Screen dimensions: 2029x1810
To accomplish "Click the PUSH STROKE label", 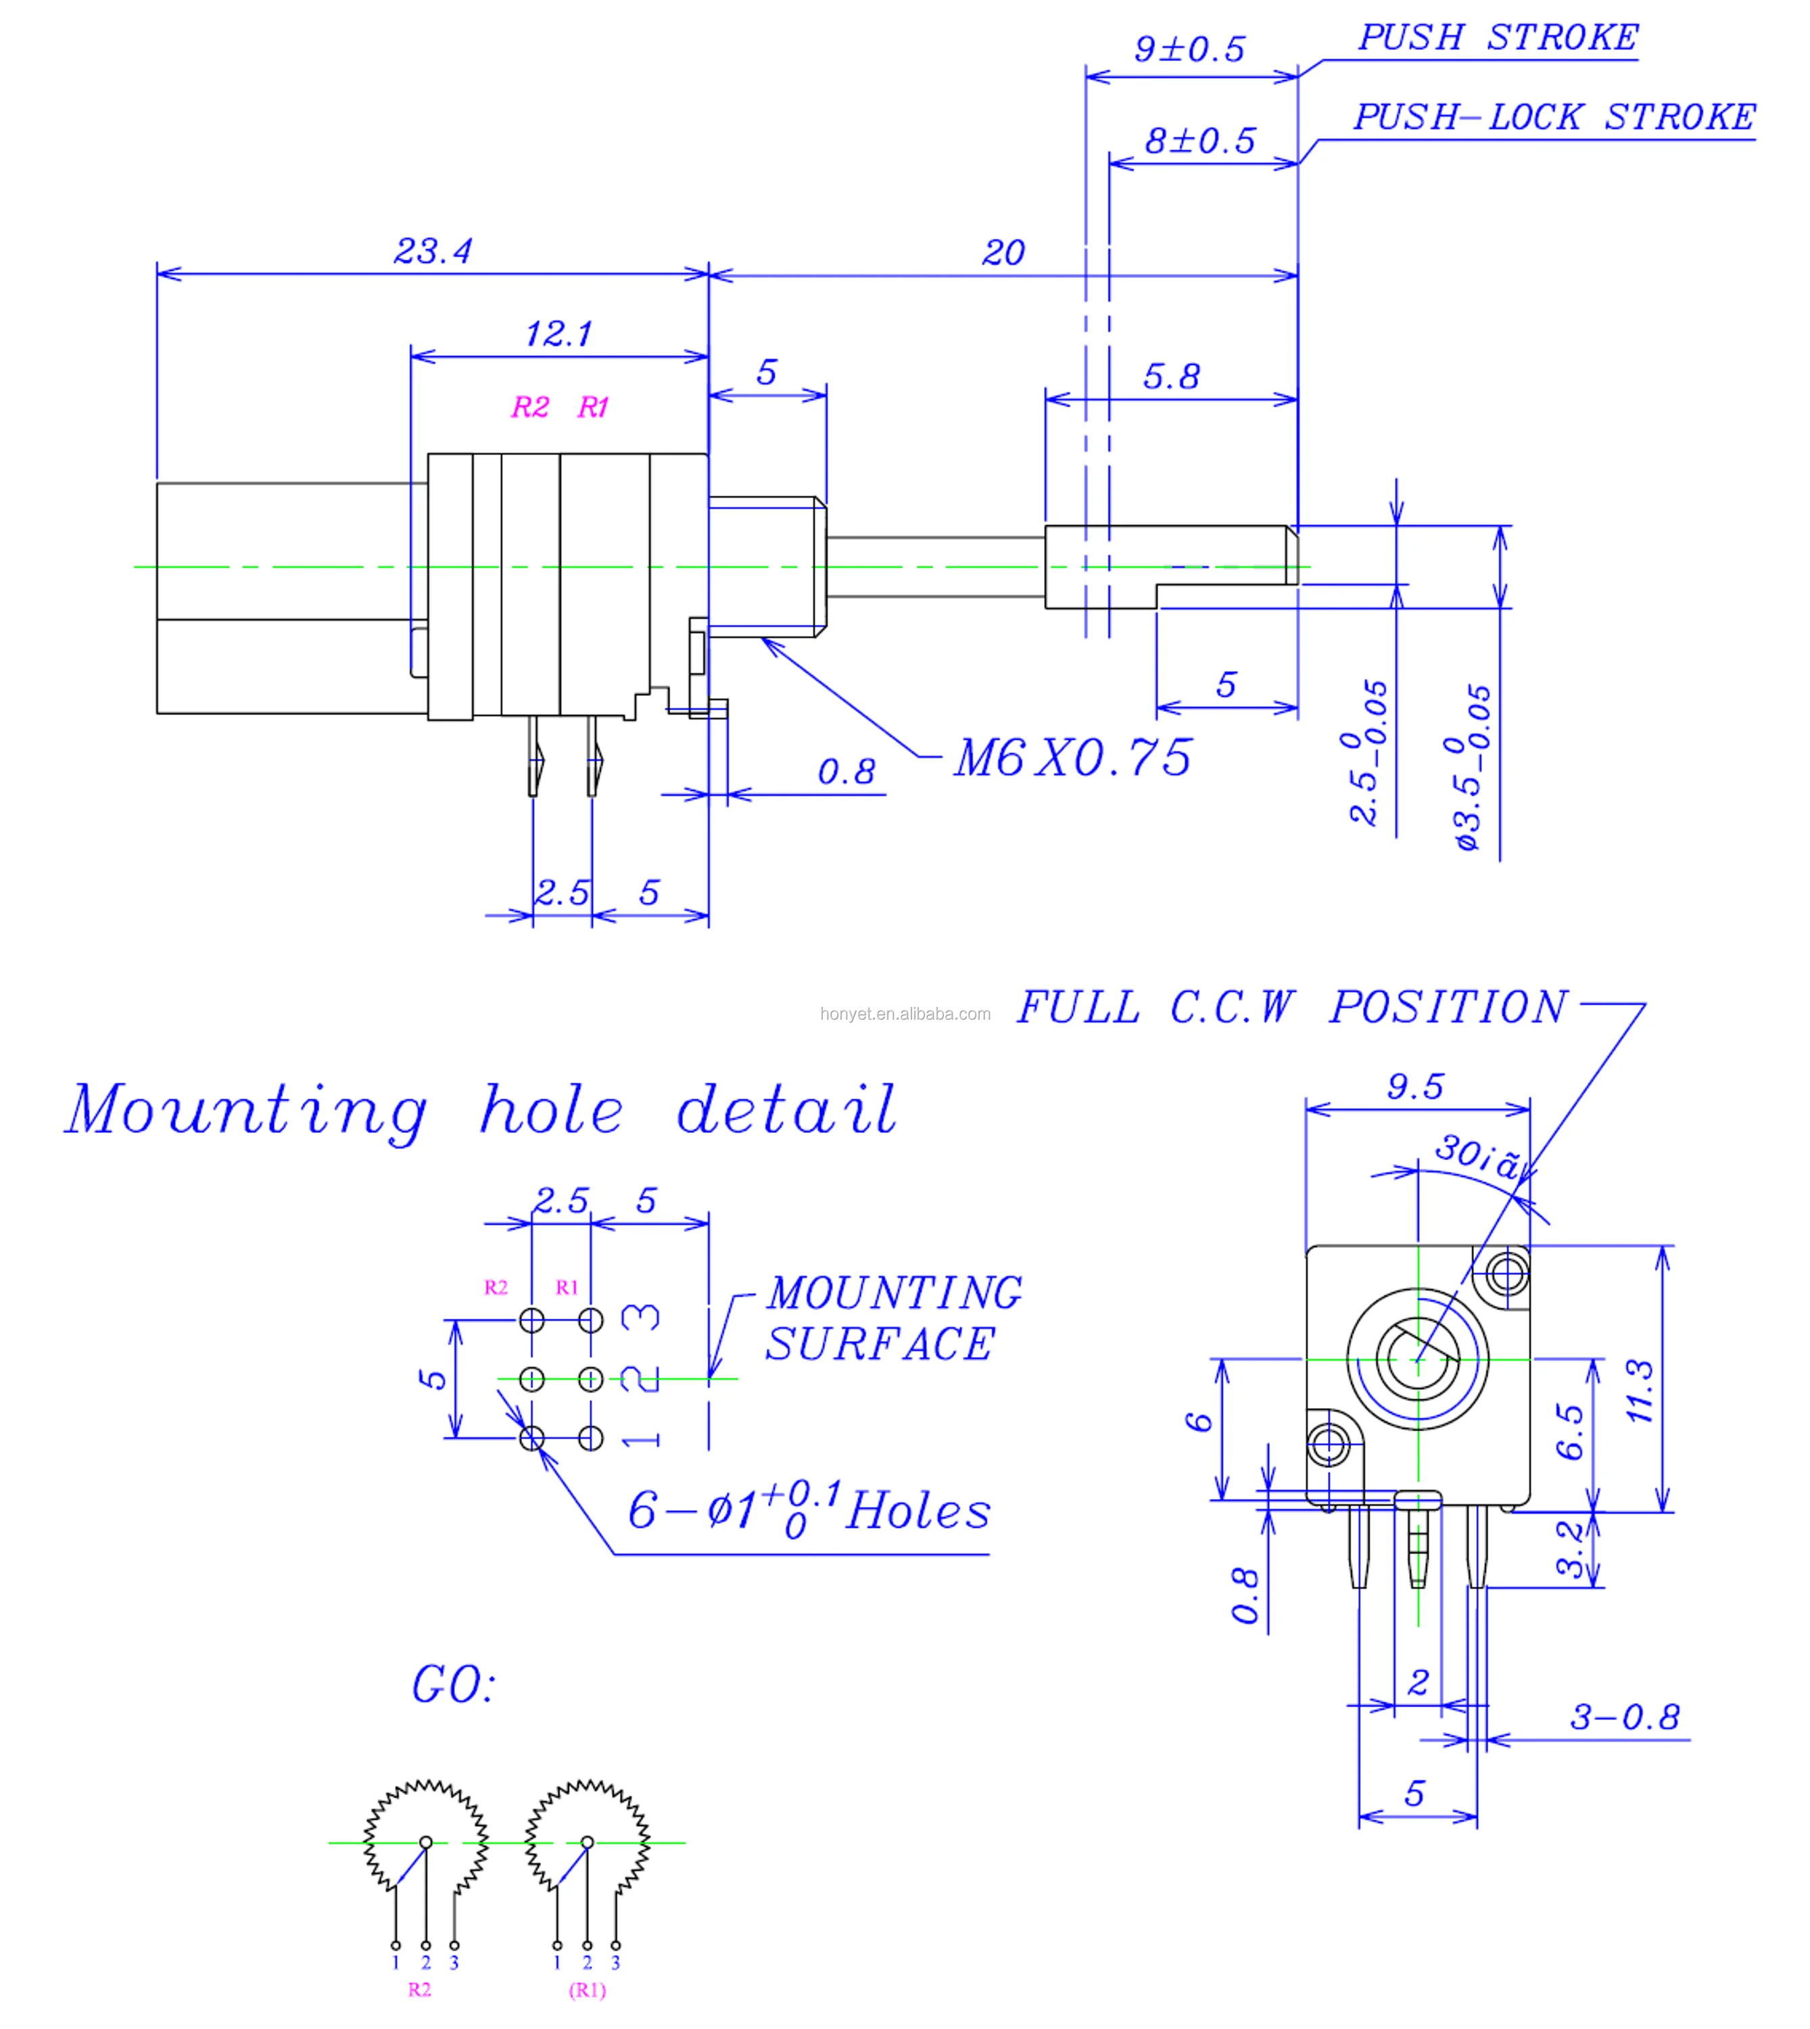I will (x=1498, y=38).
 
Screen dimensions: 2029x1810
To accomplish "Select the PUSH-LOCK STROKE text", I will (x=1554, y=118).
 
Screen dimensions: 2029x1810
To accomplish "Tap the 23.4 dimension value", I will (x=433, y=251).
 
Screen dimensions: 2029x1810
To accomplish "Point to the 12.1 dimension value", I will (x=559, y=333).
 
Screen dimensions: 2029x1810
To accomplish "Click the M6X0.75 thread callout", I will (x=1072, y=759).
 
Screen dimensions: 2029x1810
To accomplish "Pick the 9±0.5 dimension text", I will (x=1189, y=49).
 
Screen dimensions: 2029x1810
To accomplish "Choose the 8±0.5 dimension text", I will (x=1200, y=140).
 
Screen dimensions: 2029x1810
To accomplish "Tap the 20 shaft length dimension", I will (x=1003, y=253).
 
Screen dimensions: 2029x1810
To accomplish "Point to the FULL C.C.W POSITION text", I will (x=1291, y=1008).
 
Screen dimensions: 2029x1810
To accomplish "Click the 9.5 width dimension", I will (x=1415, y=1086).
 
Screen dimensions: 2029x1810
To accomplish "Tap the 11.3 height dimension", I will (x=1639, y=1391).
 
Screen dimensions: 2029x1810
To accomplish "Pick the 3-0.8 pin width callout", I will (x=1624, y=1717).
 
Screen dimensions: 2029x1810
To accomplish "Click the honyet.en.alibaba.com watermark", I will (x=905, y=1014).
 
